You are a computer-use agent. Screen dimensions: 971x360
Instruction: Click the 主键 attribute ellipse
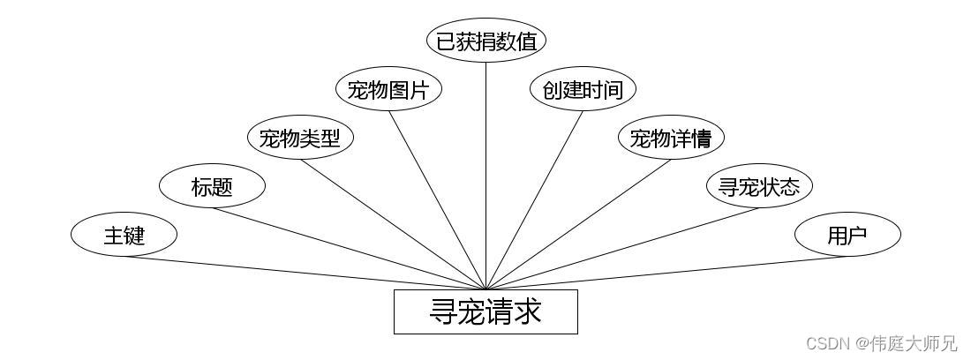124,235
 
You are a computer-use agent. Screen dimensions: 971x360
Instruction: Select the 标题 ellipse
213,186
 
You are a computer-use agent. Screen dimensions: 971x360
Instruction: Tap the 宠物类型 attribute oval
300,138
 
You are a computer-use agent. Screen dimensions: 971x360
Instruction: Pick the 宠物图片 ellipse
389,89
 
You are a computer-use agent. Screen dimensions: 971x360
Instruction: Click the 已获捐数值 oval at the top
486,41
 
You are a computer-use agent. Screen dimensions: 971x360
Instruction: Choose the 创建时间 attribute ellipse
583,89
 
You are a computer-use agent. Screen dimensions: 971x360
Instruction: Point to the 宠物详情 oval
671,138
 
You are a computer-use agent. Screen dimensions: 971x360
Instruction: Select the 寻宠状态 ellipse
759,186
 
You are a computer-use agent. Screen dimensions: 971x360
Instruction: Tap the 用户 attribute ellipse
847,235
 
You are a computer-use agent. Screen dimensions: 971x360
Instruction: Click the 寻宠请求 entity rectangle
486,311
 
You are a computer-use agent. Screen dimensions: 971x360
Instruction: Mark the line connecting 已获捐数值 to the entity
486,176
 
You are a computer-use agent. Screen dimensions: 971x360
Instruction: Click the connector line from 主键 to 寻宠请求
305,273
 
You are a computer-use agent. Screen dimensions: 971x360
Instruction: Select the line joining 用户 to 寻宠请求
667,273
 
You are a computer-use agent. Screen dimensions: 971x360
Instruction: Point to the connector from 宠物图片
437,200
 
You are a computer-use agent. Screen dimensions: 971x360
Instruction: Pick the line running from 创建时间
534,200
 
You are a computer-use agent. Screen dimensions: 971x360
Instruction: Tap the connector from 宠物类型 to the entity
393,224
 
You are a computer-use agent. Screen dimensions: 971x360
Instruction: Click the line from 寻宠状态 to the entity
622,249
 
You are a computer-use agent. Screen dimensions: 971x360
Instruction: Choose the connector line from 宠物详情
578,224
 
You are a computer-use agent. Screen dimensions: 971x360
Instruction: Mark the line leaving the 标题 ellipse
350,249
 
